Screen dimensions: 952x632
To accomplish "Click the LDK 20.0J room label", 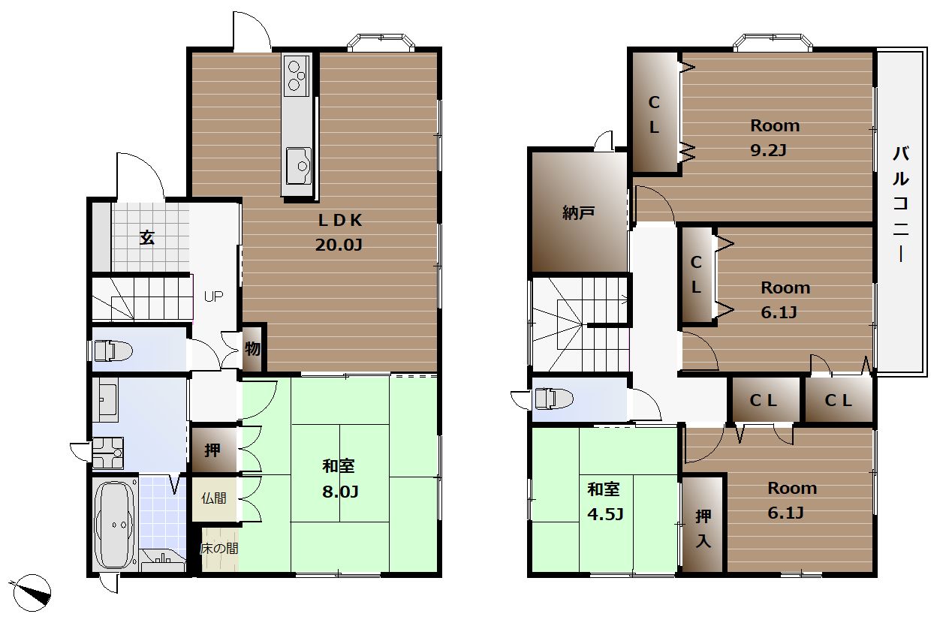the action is point(339,232).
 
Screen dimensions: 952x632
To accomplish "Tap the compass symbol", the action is point(32,592).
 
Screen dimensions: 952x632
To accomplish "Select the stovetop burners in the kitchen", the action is point(297,76).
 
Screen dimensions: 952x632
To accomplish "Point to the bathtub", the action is point(114,525).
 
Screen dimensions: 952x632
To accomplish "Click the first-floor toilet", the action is point(113,351).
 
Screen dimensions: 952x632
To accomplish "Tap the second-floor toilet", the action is point(554,399).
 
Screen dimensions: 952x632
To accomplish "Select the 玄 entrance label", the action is point(147,238).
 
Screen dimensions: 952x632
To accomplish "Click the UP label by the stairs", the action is point(213,296).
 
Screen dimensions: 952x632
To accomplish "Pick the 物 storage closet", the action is point(252,348).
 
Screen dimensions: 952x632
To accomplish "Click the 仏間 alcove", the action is point(214,498).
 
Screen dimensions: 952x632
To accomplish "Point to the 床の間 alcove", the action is point(219,549).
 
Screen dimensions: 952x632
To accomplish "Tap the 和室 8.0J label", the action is point(340,479).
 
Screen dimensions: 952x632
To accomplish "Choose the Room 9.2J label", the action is point(775,137).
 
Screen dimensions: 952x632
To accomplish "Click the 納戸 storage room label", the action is point(578,212).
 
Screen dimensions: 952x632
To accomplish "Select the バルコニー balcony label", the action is point(901,204).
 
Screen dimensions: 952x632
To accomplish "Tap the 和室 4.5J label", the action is point(605,501).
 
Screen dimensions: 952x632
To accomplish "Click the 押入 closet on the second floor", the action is point(703,524).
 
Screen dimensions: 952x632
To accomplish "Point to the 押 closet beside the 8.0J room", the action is point(214,450).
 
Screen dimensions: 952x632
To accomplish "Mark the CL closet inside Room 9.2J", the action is point(655,112).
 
